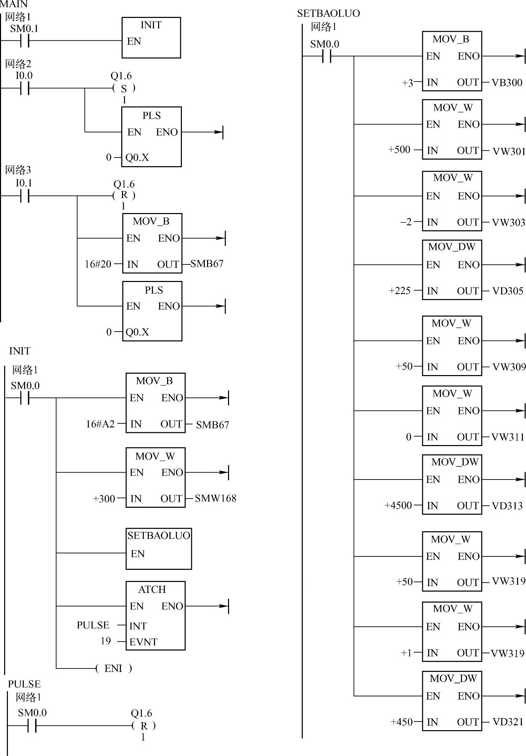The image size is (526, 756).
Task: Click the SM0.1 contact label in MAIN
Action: (24, 29)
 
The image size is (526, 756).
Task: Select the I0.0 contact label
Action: (24, 75)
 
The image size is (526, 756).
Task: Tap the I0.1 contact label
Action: (24, 183)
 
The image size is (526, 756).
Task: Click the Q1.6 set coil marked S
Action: (124, 89)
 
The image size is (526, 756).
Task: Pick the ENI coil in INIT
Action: (113, 668)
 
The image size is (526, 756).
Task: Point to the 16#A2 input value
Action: (100, 424)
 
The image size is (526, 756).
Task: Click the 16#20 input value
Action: (98, 264)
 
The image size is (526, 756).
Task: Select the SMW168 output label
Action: (215, 498)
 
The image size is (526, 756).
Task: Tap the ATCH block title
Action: (152, 589)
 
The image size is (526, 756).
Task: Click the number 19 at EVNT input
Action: (106, 641)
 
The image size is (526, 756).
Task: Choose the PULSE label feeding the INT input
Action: (93, 625)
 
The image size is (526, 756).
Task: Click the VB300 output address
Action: (507, 83)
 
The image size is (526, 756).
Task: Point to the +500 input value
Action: (399, 150)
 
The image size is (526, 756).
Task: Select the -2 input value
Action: (406, 222)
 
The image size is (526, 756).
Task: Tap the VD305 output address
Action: (507, 291)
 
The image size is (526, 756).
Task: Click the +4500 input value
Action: (398, 505)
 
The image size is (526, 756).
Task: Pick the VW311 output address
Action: (507, 437)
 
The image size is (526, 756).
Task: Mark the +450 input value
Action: (401, 722)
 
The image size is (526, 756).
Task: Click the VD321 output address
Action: (508, 722)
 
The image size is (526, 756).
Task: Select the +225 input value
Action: (399, 291)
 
